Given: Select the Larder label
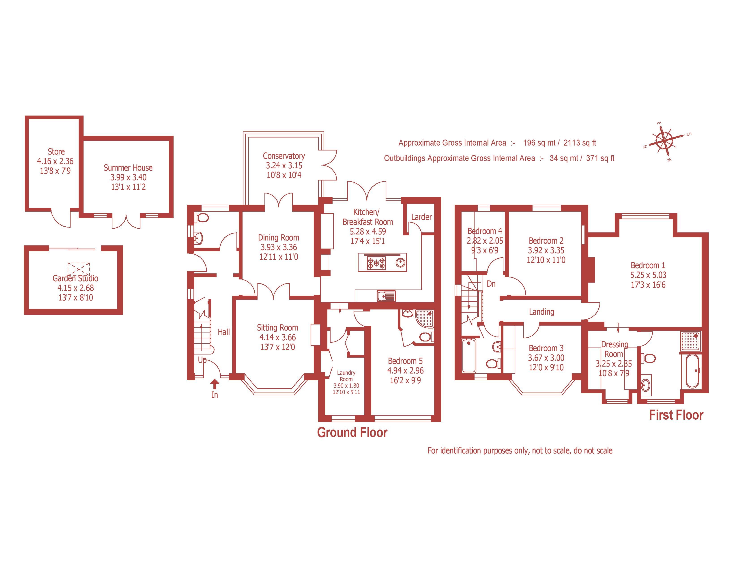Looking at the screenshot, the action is click(421, 217).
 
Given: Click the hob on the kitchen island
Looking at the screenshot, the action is click(376, 263).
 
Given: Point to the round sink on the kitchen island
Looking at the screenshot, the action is click(400, 262).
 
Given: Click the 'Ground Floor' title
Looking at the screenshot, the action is click(352, 433).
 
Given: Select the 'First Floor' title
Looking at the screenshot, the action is click(676, 415).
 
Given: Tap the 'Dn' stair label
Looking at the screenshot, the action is click(491, 283).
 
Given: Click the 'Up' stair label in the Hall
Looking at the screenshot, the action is click(202, 360).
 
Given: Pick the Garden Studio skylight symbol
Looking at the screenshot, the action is click(79, 269).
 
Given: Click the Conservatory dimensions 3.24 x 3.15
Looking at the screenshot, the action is click(284, 165).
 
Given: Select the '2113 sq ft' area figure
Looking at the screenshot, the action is click(580, 143).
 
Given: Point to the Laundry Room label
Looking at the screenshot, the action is click(346, 376).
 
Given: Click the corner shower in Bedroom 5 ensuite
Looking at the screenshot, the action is click(424, 319).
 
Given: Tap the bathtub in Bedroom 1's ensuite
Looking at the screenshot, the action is click(692, 371).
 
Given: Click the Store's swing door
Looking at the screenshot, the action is click(61, 218).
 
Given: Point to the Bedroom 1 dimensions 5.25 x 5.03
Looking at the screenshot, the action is click(648, 275).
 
